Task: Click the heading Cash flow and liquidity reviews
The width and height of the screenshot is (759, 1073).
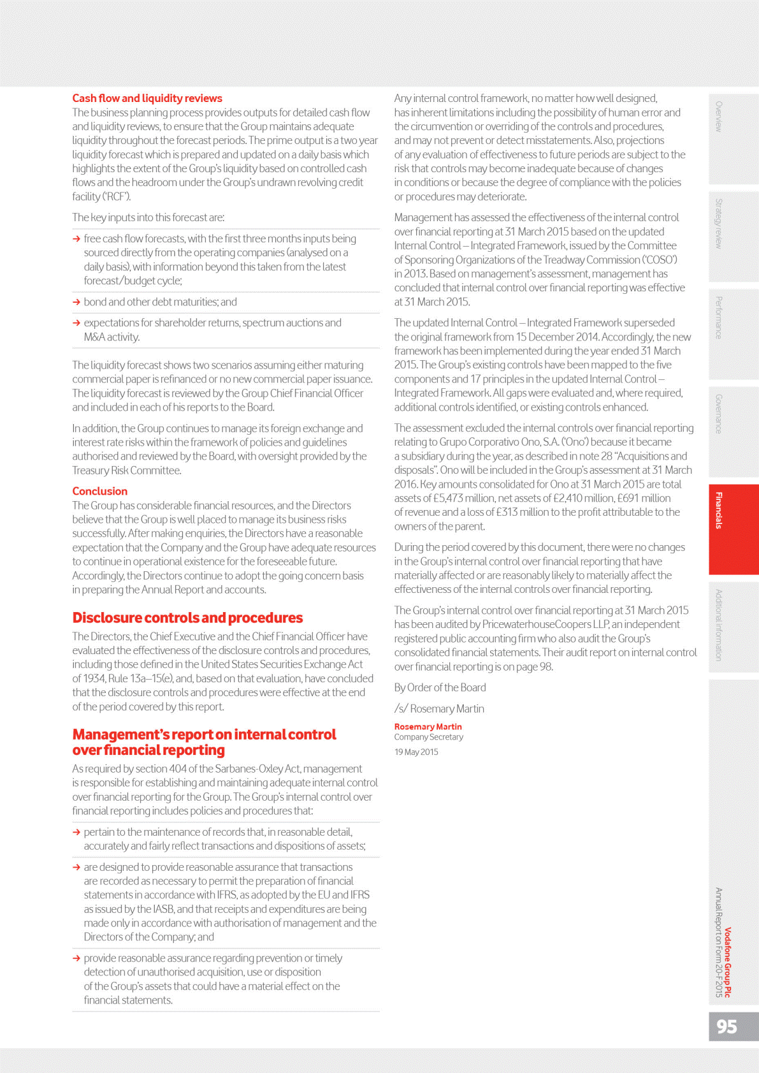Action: [x=147, y=98]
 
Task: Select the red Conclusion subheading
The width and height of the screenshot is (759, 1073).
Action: [x=100, y=491]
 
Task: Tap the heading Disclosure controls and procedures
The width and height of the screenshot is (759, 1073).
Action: [x=187, y=618]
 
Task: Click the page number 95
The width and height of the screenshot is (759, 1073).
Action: [x=726, y=1026]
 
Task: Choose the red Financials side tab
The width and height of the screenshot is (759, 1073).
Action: [x=719, y=511]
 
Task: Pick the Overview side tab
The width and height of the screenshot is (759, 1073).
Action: [x=719, y=117]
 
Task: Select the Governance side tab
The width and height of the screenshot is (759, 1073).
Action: [x=719, y=414]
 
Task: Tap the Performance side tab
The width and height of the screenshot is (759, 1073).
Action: [x=719, y=318]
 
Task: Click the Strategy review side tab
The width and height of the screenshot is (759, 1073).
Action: [x=719, y=223]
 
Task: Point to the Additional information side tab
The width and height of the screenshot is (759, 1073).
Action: [x=719, y=625]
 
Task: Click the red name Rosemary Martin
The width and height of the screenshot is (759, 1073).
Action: [x=428, y=727]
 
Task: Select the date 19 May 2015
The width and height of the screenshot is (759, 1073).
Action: [x=416, y=752]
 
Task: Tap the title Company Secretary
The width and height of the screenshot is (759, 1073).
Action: [x=428, y=737]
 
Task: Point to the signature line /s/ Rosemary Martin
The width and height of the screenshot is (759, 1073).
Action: [x=439, y=709]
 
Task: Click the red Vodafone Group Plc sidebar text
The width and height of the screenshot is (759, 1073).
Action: [x=728, y=962]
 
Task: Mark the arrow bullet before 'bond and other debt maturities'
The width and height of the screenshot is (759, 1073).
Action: [x=76, y=302]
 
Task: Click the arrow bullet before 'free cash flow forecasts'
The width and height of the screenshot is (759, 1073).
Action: [x=76, y=239]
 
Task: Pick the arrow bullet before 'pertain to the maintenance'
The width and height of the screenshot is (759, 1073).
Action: [x=76, y=832]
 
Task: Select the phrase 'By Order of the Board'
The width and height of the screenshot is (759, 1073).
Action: [x=440, y=687]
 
